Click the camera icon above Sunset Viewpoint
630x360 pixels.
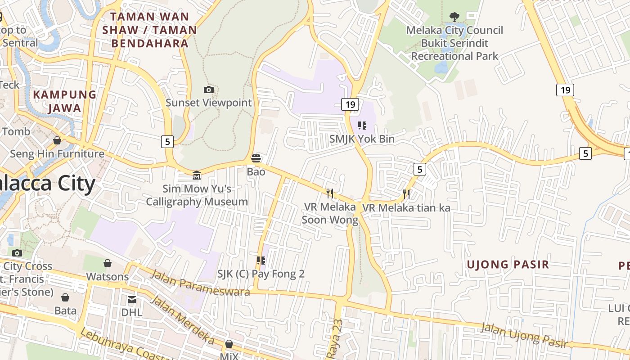[208, 90]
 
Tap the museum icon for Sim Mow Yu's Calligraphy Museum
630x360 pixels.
[197, 175]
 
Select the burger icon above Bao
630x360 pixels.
[256, 158]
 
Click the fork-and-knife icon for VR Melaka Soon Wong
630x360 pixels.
[330, 193]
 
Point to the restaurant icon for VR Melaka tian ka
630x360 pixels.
[406, 194]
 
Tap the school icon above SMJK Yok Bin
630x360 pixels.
[362, 126]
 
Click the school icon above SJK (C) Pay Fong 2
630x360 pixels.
[261, 261]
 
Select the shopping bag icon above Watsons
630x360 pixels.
[108, 263]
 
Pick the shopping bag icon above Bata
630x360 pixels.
[65, 297]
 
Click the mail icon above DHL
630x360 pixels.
[131, 300]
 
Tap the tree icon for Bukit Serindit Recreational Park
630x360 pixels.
[454, 17]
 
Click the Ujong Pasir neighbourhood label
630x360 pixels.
[508, 265]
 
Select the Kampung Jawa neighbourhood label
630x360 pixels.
[65, 101]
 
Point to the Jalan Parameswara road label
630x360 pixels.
[200, 283]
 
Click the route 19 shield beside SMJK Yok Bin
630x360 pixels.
[350, 105]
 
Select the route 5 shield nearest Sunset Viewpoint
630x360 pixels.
[167, 142]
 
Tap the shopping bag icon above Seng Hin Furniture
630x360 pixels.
[57, 141]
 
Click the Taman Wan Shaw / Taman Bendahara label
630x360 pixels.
[149, 30]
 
